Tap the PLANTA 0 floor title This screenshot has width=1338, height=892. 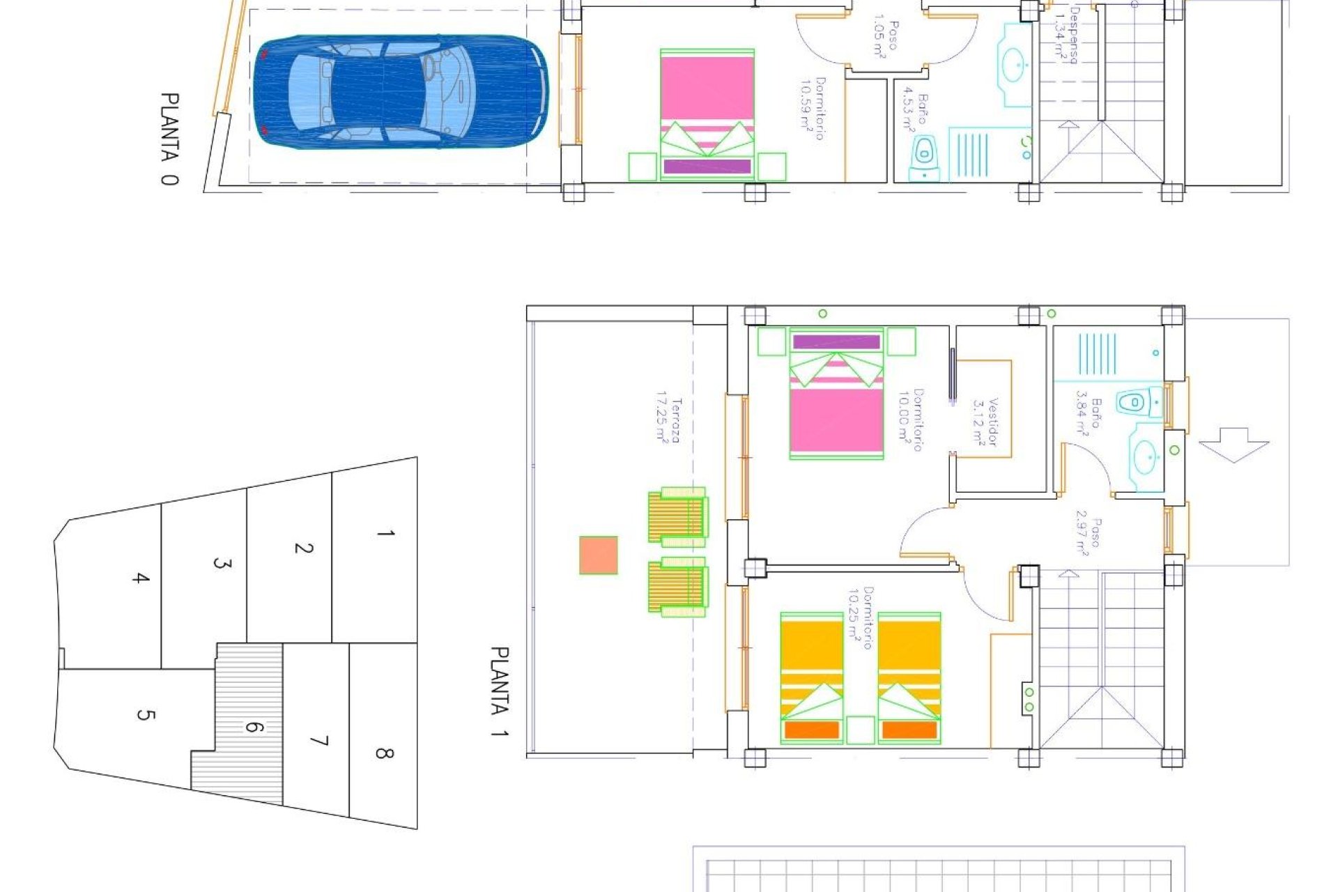tap(169, 139)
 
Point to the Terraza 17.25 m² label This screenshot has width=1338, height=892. tap(668, 420)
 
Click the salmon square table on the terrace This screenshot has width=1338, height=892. tap(599, 555)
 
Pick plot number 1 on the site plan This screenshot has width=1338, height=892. tap(385, 534)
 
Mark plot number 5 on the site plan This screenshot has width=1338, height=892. tap(145, 714)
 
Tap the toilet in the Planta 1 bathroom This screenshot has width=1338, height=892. tap(1134, 402)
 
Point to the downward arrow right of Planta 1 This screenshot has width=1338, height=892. tap(1233, 444)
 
